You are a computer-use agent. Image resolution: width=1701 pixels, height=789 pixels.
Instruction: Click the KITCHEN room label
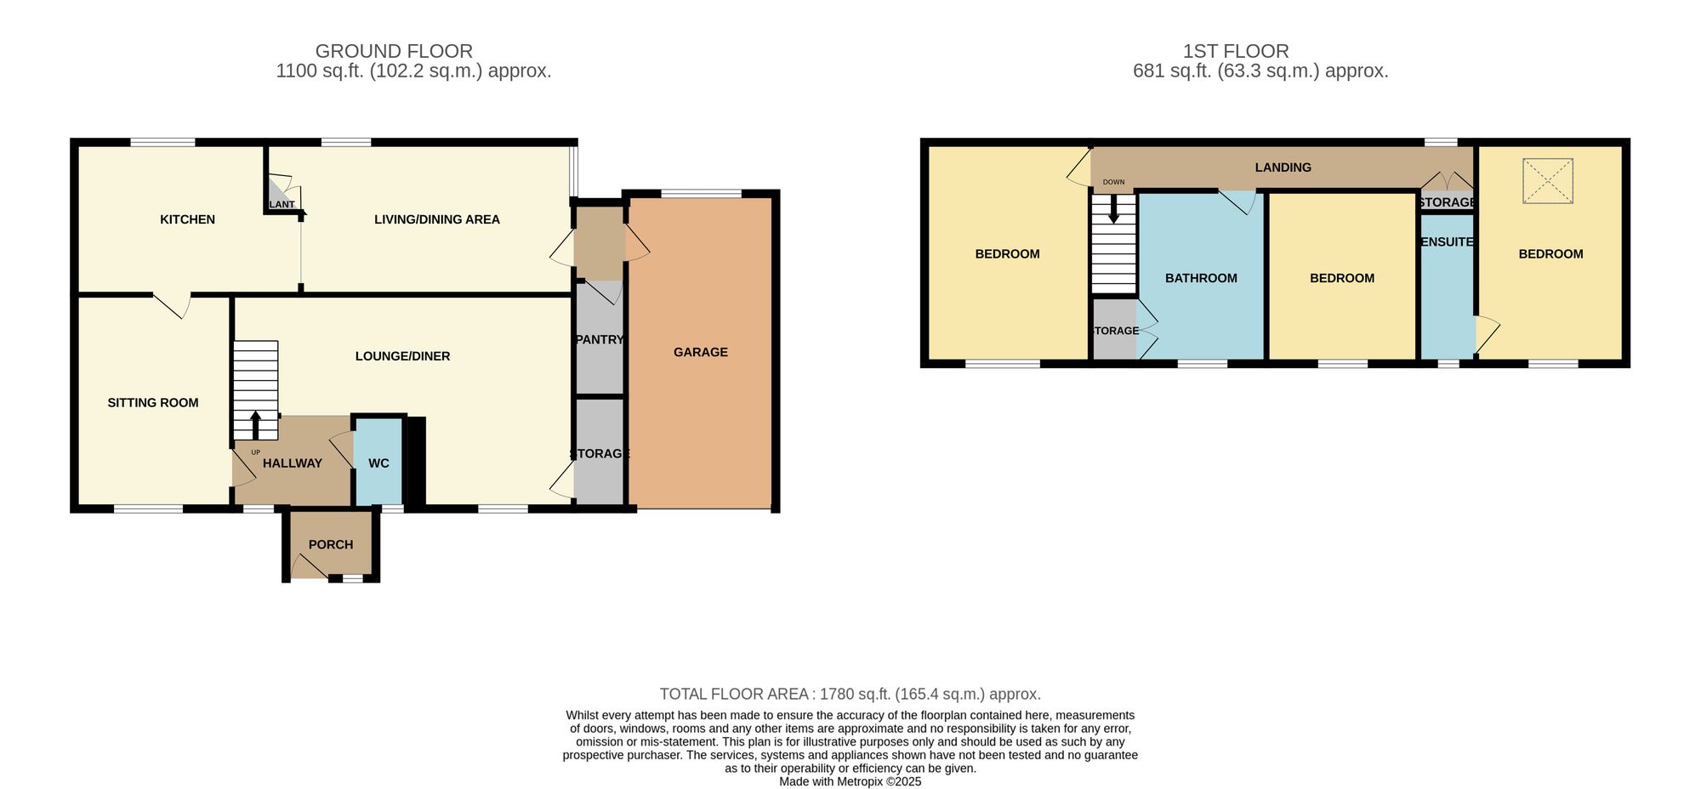click(x=187, y=219)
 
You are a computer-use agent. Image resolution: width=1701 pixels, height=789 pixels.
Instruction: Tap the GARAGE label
click(x=700, y=352)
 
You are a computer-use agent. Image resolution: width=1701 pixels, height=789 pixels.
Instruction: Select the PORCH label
click(x=330, y=544)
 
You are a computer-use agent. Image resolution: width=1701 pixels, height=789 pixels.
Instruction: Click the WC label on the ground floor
click(x=378, y=463)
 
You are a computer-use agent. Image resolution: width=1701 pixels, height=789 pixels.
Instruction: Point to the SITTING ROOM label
click(x=153, y=403)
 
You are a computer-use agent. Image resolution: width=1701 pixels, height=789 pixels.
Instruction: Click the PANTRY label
click(x=600, y=339)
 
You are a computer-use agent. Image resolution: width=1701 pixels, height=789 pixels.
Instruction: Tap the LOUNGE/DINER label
click(x=402, y=356)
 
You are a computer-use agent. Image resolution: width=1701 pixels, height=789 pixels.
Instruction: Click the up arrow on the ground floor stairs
click(x=256, y=424)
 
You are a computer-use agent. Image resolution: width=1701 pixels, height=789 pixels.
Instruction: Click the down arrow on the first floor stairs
click(x=1113, y=210)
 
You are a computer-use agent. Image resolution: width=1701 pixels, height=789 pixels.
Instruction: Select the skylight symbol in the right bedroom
click(x=1548, y=181)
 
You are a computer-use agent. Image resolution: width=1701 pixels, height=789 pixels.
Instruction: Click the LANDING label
click(x=1283, y=167)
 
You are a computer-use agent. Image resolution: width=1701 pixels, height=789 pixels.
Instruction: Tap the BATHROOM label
click(x=1201, y=278)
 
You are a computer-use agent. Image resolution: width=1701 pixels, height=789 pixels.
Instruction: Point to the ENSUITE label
click(x=1447, y=242)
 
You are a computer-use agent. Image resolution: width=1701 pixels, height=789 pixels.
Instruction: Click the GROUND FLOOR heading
click(x=394, y=51)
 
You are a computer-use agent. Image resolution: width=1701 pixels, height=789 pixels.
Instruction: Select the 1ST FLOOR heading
click(x=1236, y=51)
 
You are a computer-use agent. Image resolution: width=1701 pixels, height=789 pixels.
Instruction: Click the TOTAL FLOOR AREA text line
click(x=850, y=694)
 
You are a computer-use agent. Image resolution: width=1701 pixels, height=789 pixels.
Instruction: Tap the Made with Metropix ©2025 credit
click(x=850, y=781)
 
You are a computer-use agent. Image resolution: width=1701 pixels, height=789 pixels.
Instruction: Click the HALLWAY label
click(x=292, y=463)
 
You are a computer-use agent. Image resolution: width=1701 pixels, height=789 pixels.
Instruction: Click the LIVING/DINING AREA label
click(x=436, y=219)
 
